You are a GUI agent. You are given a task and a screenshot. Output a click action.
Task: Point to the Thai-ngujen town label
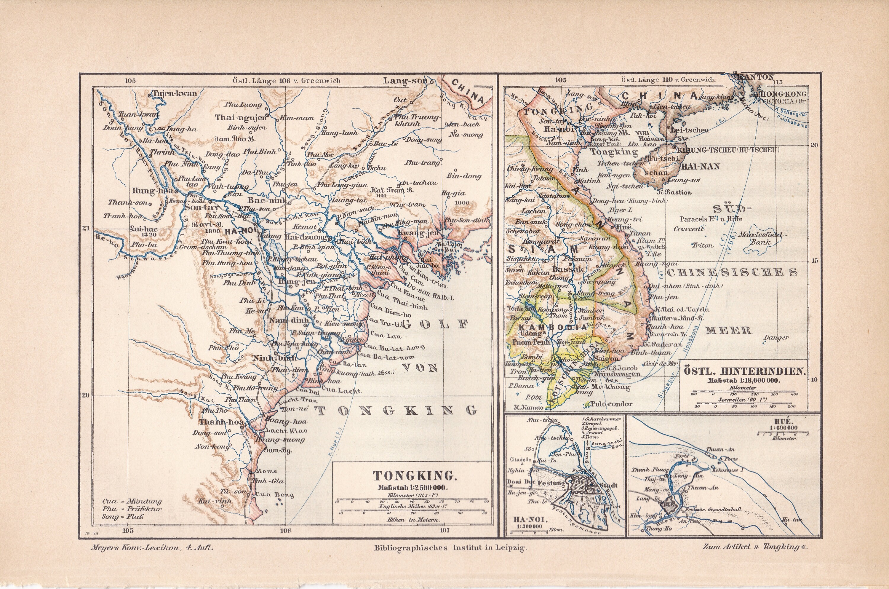click(240, 118)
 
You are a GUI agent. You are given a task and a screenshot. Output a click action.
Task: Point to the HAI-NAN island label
click(700, 166)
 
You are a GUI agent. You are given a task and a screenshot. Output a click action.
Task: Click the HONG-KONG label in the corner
click(782, 94)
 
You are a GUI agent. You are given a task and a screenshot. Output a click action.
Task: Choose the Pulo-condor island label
click(611, 404)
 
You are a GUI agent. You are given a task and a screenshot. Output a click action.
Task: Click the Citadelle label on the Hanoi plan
click(520, 459)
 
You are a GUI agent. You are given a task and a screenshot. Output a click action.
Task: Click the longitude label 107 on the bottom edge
click(444, 530)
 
